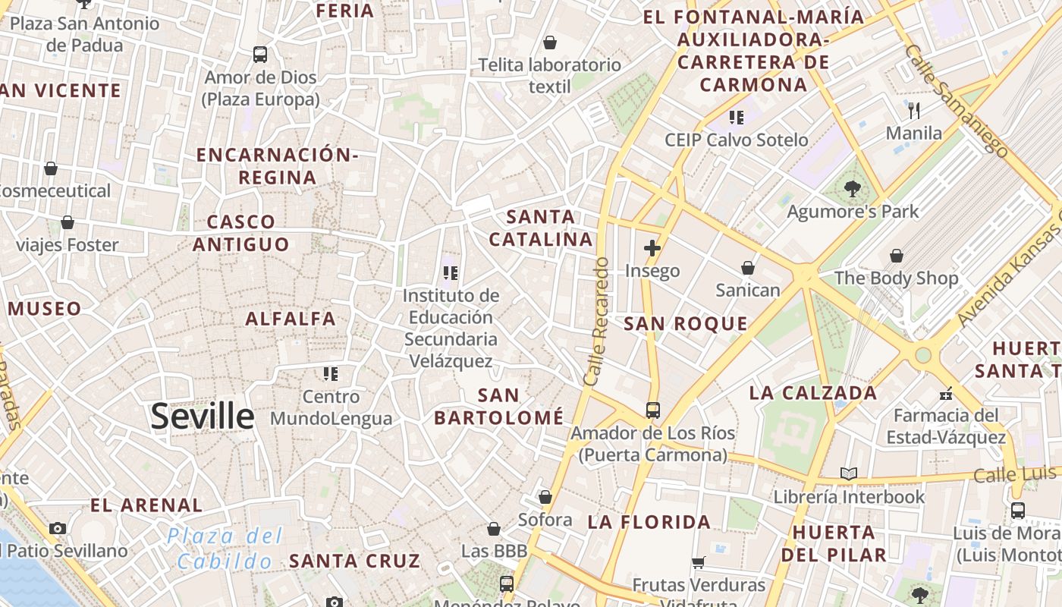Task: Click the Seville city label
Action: [x=203, y=417]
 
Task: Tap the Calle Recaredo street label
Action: [x=597, y=321]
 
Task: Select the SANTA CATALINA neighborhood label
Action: [x=540, y=228]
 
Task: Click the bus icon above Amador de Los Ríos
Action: [x=652, y=410]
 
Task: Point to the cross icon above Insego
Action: [x=652, y=248]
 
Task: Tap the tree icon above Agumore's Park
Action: [x=853, y=189]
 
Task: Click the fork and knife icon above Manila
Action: [x=914, y=111]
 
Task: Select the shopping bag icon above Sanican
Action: [x=748, y=268]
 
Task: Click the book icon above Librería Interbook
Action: [x=848, y=474]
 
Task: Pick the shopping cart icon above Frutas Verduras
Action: [x=699, y=562]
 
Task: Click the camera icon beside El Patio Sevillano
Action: [x=57, y=528]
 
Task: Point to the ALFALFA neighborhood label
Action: [x=291, y=319]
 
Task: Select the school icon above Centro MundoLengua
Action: [x=330, y=373]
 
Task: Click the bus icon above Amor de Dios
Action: [x=260, y=55]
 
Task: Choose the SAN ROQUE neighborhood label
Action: [x=686, y=324]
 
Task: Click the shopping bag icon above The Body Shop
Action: [x=896, y=256]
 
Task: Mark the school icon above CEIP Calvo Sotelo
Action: [x=736, y=117]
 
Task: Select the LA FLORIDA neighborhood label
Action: [x=649, y=522]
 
